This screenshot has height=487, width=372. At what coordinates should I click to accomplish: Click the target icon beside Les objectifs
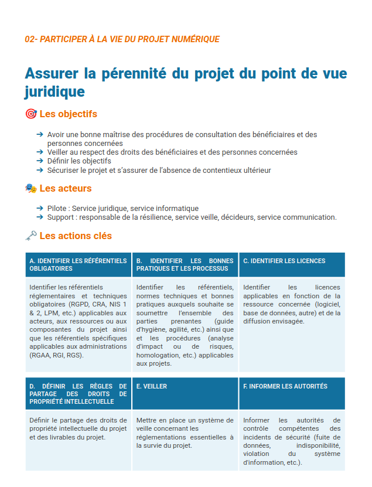pyautogui.click(x=31, y=114)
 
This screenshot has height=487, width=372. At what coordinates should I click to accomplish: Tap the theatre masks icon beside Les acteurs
pyautogui.click(x=31, y=188)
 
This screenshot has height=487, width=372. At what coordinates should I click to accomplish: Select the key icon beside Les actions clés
pyautogui.click(x=31, y=236)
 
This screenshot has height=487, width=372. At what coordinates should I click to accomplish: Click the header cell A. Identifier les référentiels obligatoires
pyautogui.click(x=78, y=265)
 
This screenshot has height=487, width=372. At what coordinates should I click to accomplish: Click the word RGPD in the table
pyautogui.click(x=79, y=304)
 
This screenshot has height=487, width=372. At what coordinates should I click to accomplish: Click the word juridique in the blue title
pyautogui.click(x=54, y=92)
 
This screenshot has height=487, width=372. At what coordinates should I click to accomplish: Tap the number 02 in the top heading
pyautogui.click(x=30, y=39)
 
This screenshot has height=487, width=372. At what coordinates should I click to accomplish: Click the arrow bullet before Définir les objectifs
pyautogui.click(x=39, y=161)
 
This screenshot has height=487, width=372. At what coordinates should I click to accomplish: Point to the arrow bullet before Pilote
pyautogui.click(x=39, y=208)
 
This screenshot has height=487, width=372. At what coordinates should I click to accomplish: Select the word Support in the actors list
pyautogui.click(x=59, y=217)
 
